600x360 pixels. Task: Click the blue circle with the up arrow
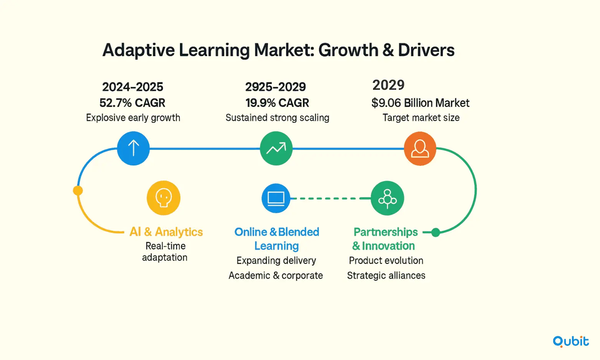pyautogui.click(x=133, y=148)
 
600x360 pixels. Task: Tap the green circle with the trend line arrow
pyautogui.click(x=276, y=148)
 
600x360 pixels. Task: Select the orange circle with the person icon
pyautogui.click(x=420, y=149)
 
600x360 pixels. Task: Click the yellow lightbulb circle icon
pyautogui.click(x=164, y=198)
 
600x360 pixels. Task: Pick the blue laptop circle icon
pyautogui.click(x=276, y=198)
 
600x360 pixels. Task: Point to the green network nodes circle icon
pyautogui.click(x=387, y=198)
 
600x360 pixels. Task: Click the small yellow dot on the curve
pyautogui.click(x=78, y=190)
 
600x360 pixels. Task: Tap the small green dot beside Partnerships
pyautogui.click(x=436, y=232)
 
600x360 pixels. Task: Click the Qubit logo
pyautogui.click(x=571, y=342)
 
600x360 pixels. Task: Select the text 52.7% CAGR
pyautogui.click(x=132, y=103)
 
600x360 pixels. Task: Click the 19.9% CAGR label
pyautogui.click(x=277, y=103)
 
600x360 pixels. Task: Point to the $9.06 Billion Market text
pyautogui.click(x=420, y=103)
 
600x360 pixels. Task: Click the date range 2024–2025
pyautogui.click(x=132, y=87)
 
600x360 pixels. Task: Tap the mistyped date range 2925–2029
pyautogui.click(x=276, y=87)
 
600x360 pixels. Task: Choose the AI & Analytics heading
pyautogui.click(x=166, y=232)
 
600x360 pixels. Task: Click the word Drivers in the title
pyautogui.click(x=426, y=50)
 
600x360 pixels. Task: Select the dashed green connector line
pyautogui.click(x=331, y=198)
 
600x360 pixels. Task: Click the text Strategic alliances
pyautogui.click(x=386, y=275)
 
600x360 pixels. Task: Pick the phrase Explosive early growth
pyautogui.click(x=133, y=117)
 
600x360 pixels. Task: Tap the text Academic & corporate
pyautogui.click(x=276, y=275)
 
